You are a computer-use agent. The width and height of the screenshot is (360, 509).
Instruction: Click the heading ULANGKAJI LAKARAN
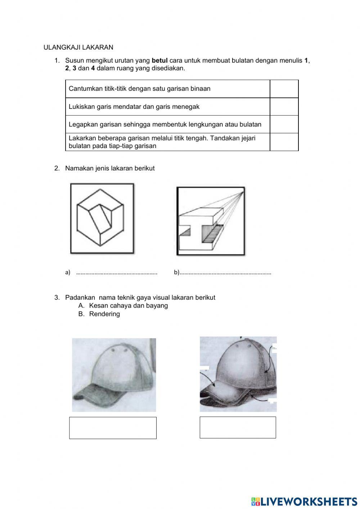(x=78, y=47)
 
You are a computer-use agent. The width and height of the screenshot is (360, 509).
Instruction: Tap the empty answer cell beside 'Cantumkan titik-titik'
(x=284, y=89)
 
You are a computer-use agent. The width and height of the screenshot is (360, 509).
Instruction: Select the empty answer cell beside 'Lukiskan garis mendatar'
(x=284, y=107)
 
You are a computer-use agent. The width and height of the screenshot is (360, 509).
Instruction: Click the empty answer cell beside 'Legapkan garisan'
(x=284, y=124)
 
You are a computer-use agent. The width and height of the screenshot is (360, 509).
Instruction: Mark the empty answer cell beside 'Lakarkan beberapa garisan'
(x=284, y=142)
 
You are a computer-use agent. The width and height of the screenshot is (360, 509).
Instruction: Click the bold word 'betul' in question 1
(x=160, y=61)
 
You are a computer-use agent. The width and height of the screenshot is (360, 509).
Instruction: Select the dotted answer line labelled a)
(x=117, y=273)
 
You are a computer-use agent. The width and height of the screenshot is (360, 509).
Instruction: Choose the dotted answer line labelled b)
(x=225, y=273)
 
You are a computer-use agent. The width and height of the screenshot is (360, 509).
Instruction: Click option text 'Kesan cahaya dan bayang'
(x=129, y=305)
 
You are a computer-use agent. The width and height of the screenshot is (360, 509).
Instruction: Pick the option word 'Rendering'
(x=104, y=314)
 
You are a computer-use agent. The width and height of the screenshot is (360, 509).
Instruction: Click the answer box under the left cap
(x=113, y=428)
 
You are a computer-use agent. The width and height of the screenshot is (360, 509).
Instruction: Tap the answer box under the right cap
(x=238, y=428)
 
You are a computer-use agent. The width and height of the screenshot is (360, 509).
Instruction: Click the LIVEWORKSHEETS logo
(x=304, y=501)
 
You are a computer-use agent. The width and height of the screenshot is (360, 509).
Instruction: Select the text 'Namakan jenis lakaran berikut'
(x=110, y=168)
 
